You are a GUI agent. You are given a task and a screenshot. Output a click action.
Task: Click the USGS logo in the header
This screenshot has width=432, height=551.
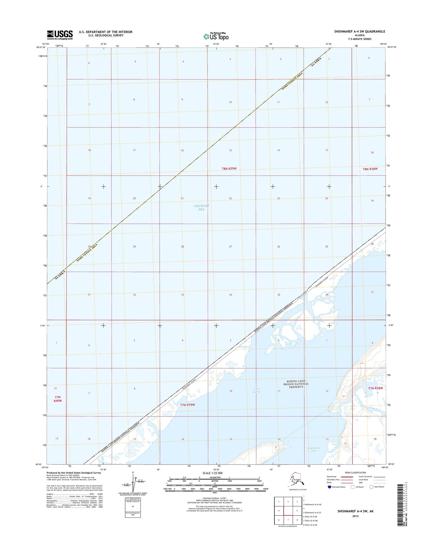pyautogui.click(x=60, y=35)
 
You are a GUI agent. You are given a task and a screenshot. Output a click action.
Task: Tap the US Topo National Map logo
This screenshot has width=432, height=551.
pyautogui.click(x=216, y=36)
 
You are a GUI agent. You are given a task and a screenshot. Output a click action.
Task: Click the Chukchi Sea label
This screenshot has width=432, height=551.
pyautogui.click(x=202, y=208)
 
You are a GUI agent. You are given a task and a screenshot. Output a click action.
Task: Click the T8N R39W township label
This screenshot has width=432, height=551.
pyautogui.click(x=229, y=169)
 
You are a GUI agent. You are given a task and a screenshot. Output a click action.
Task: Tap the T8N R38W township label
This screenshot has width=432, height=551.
pyautogui.click(x=370, y=169)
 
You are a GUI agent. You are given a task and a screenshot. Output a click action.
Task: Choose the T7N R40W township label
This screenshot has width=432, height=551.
pyautogui.click(x=58, y=399)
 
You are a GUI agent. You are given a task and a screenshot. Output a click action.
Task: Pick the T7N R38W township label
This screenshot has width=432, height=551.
pyautogui.click(x=375, y=388)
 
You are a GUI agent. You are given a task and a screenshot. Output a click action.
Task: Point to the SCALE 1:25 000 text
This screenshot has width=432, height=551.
pyautogui.click(x=212, y=473)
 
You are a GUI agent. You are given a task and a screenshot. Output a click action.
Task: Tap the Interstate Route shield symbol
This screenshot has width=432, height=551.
pyautogui.click(x=329, y=487)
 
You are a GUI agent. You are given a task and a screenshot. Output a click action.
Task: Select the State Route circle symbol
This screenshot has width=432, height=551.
pyautogui.click(x=372, y=487)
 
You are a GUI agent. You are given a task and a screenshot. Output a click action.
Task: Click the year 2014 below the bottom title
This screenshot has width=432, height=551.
pyautogui.click(x=355, y=516)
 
